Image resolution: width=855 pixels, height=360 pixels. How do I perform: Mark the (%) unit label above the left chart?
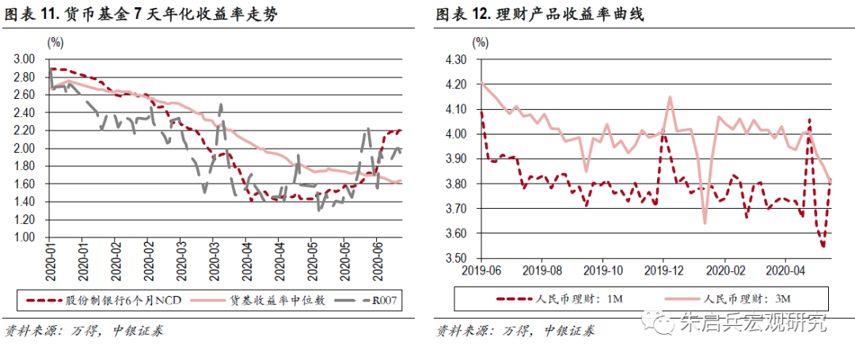coord(57,41)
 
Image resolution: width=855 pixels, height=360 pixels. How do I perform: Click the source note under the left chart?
coord(85,331)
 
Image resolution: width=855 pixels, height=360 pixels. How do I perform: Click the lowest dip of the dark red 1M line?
coord(823,246)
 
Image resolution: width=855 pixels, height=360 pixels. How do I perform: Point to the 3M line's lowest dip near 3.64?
coord(705,222)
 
